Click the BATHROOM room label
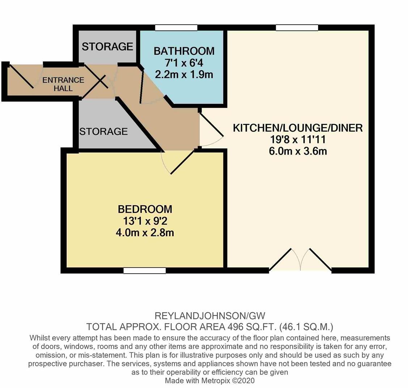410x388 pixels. [184, 51]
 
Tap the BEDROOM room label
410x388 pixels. [145, 209]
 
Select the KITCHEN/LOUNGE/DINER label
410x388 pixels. [297, 128]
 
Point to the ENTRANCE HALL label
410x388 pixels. [63, 84]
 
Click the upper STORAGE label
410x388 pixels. [107, 47]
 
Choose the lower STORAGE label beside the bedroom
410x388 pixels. [103, 131]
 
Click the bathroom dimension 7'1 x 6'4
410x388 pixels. [184, 63]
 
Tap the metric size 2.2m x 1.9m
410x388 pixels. [184, 75]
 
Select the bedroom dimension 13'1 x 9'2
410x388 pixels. [145, 221]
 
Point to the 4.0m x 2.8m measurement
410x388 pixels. [145, 232]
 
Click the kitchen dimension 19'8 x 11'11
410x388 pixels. [297, 140]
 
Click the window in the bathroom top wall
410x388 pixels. [176, 28]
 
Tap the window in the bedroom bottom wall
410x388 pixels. [144, 270]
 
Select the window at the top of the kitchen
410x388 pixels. [297, 28]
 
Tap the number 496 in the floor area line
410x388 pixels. [235, 327]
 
